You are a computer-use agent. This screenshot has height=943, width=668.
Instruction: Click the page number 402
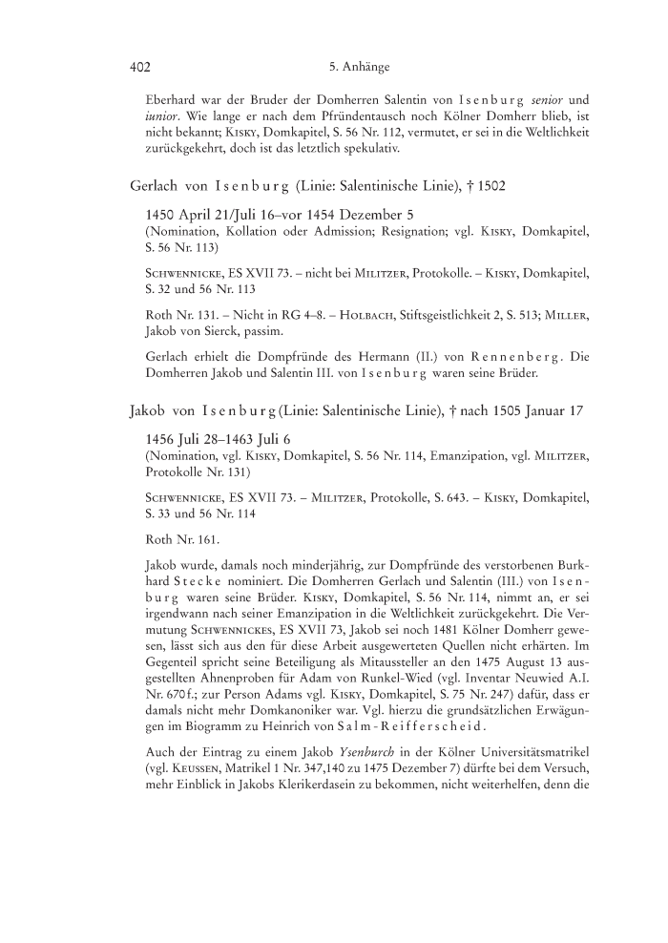tap(140, 68)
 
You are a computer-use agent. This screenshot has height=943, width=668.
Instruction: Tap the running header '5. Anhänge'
tap(358, 68)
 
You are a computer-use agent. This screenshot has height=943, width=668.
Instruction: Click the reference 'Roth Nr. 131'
tap(178, 308)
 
